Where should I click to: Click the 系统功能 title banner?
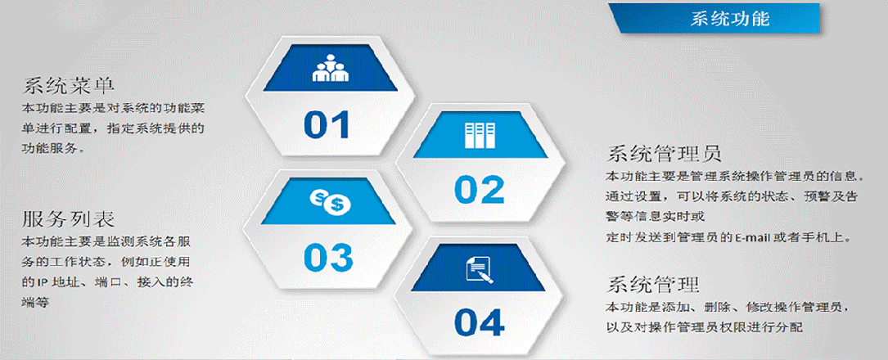click(x=714, y=18)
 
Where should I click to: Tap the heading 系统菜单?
click(x=69, y=86)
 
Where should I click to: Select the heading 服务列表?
click(x=69, y=219)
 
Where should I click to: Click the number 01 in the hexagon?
click(x=327, y=125)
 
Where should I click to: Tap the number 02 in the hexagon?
click(x=479, y=190)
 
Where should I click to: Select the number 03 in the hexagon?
click(x=328, y=257)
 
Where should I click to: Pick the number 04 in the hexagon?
click(x=479, y=322)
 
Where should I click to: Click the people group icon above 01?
click(x=330, y=69)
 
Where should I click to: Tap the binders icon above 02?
click(x=480, y=135)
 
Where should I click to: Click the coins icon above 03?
click(x=330, y=201)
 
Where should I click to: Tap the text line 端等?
click(x=36, y=303)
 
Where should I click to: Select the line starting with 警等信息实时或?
click(x=656, y=217)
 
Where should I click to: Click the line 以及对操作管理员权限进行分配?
click(x=705, y=327)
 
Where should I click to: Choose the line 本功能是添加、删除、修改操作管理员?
click(x=728, y=308)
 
